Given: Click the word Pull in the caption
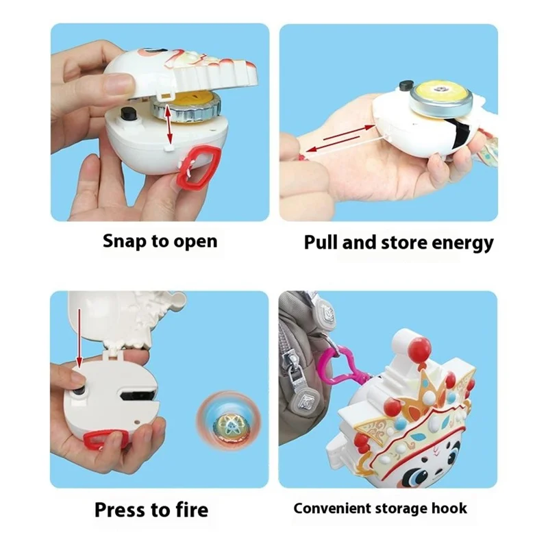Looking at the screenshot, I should [321, 242].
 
